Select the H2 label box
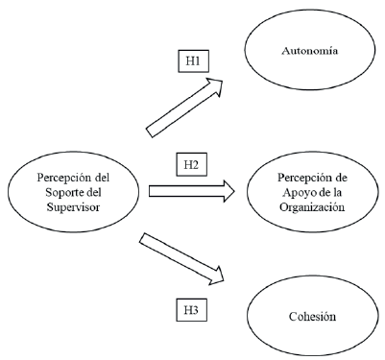coord(192,165)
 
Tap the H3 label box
coord(192,309)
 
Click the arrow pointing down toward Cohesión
coord(182,258)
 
